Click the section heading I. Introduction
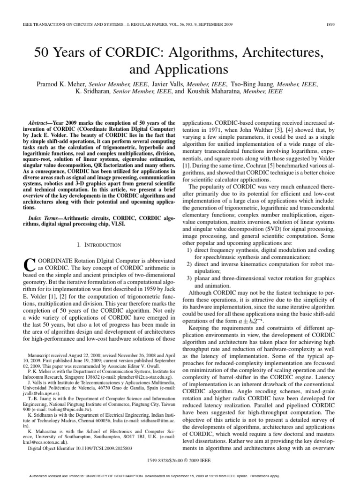click(x=98, y=245)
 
